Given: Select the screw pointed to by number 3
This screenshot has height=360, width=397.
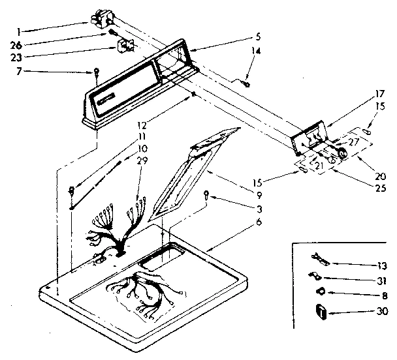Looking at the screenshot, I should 206,193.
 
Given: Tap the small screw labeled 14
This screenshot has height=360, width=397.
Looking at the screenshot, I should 246,82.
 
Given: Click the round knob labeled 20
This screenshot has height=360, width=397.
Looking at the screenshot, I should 343,156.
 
